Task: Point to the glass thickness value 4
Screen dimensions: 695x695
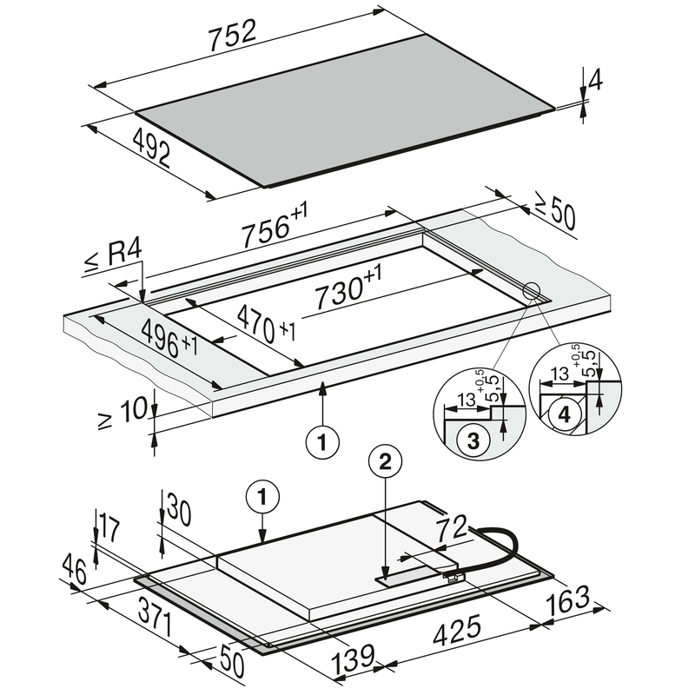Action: click(x=594, y=81)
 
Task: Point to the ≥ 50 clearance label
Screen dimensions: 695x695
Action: click(x=554, y=214)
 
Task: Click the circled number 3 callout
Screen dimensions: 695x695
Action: click(x=473, y=441)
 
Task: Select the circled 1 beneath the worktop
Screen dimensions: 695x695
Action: click(x=322, y=441)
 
